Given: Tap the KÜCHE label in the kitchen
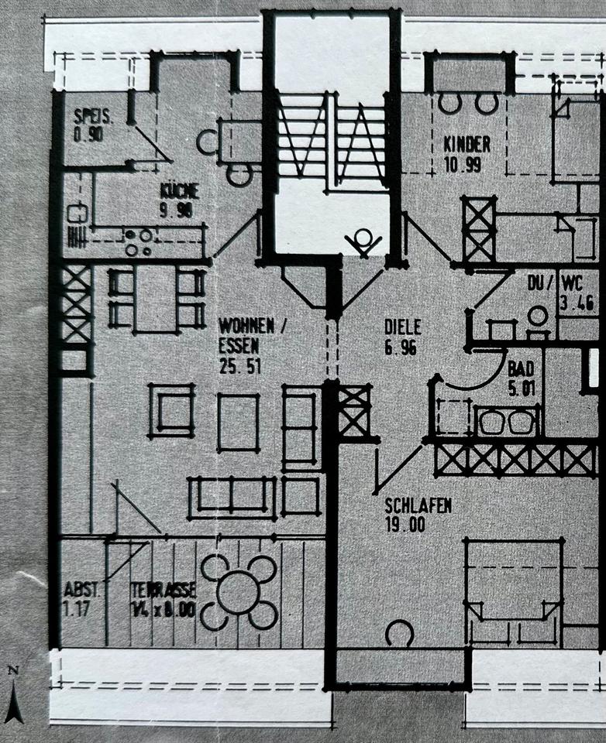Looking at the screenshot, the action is (x=180, y=191).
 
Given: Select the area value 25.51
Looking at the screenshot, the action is (x=239, y=366).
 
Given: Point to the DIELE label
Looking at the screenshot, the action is (x=401, y=327).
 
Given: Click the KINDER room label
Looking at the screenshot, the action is (x=467, y=144).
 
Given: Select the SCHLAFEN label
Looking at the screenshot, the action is (x=418, y=506).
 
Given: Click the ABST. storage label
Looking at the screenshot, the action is (x=81, y=587).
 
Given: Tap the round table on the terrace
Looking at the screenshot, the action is (x=238, y=592).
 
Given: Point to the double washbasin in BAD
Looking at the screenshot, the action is (x=508, y=423).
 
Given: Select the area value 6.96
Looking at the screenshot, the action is (x=401, y=348).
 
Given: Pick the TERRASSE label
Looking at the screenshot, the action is (x=163, y=587).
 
